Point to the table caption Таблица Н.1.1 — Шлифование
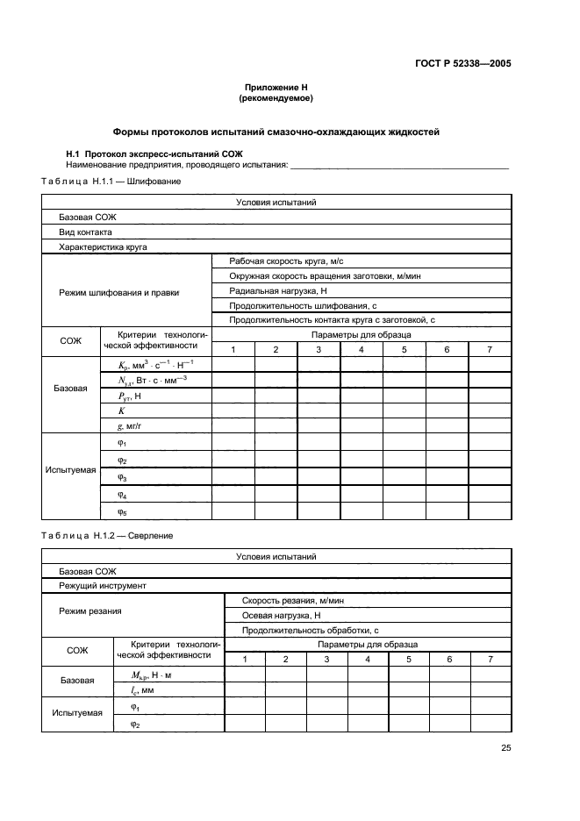coord(111,181)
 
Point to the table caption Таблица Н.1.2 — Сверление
coord(107,535)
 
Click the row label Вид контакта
coord(85,232)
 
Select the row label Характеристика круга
coord(103,247)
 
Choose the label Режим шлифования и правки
coord(118,292)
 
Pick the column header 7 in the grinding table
coord(490,350)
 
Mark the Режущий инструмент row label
coord(102,586)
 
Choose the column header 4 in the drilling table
coord(367,659)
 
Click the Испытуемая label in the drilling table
coord(76,713)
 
